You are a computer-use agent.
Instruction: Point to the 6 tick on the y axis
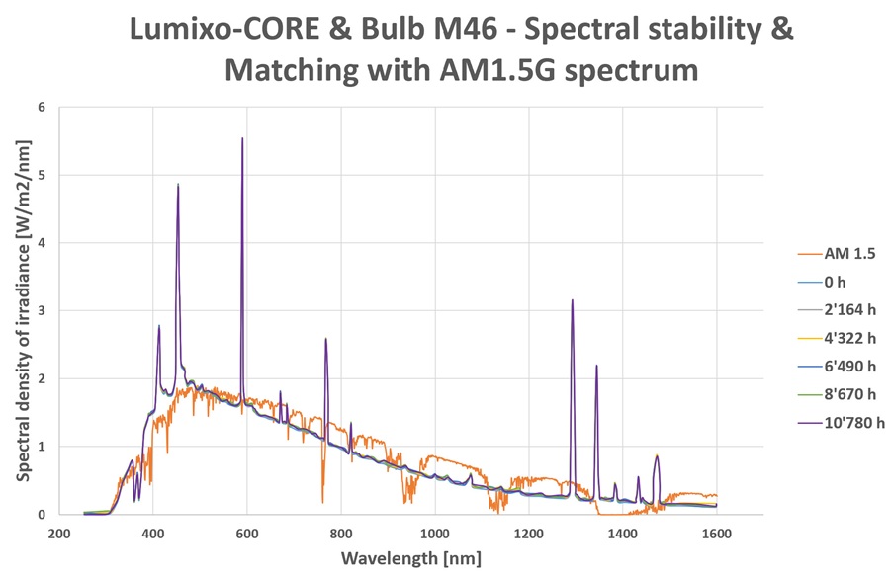coord(42,107)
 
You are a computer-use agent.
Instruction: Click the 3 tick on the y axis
coord(42,310)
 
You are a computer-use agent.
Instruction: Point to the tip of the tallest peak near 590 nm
coord(242,138)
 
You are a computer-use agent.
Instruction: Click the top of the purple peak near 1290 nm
coord(572,300)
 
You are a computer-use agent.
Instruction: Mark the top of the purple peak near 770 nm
coord(325,339)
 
